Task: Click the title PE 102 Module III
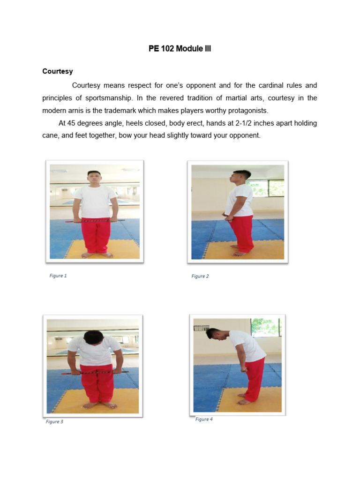pos(180,49)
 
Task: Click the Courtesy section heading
pos(58,71)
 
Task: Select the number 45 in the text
pos(71,123)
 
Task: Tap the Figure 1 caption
pos(58,276)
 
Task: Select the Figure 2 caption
pos(200,276)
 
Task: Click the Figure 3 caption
pos(54,421)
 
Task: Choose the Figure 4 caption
pos(204,419)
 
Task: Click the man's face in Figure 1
pos(94,179)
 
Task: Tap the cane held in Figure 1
pos(95,220)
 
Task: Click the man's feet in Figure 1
pos(97,255)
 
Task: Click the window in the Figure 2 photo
pos(265,188)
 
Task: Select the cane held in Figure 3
pos(95,373)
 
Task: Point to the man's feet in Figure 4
pos(244,399)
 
